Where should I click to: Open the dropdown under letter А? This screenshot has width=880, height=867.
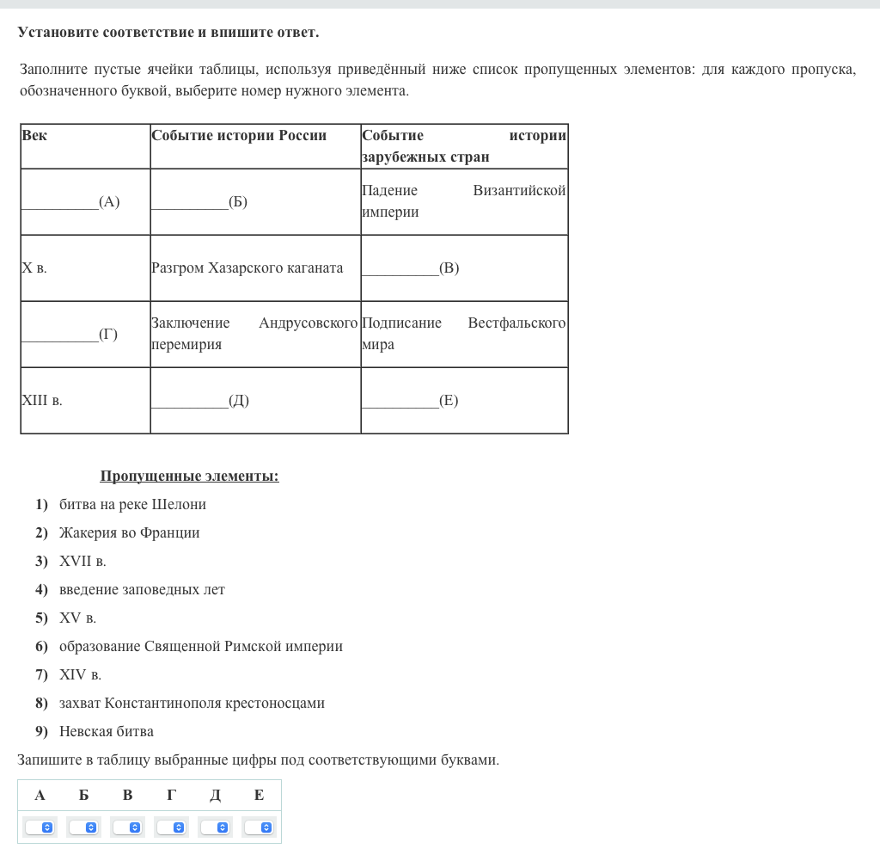(40, 827)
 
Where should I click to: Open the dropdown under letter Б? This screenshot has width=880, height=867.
(84, 827)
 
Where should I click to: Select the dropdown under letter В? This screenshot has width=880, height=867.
(128, 827)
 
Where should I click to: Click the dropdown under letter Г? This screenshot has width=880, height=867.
(172, 827)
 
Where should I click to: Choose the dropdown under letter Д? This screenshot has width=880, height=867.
(216, 827)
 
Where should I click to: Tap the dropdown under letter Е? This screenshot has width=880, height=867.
(260, 827)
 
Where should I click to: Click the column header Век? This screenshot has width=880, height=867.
(34, 135)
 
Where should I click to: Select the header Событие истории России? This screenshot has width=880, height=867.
(239, 135)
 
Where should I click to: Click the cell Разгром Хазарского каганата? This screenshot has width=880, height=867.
(247, 267)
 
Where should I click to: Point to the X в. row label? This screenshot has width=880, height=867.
(34, 267)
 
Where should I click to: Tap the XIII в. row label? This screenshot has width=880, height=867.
(42, 400)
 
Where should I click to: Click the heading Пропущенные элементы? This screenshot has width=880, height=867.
(189, 476)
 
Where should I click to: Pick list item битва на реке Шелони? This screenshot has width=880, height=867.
(132, 504)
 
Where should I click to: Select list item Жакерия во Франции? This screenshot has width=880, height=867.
(129, 532)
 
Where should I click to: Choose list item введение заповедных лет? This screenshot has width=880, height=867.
(142, 589)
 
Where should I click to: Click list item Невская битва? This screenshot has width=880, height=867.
(107, 731)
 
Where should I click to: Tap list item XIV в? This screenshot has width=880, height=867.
(80, 674)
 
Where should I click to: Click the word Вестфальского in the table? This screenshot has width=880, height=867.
(516, 323)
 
